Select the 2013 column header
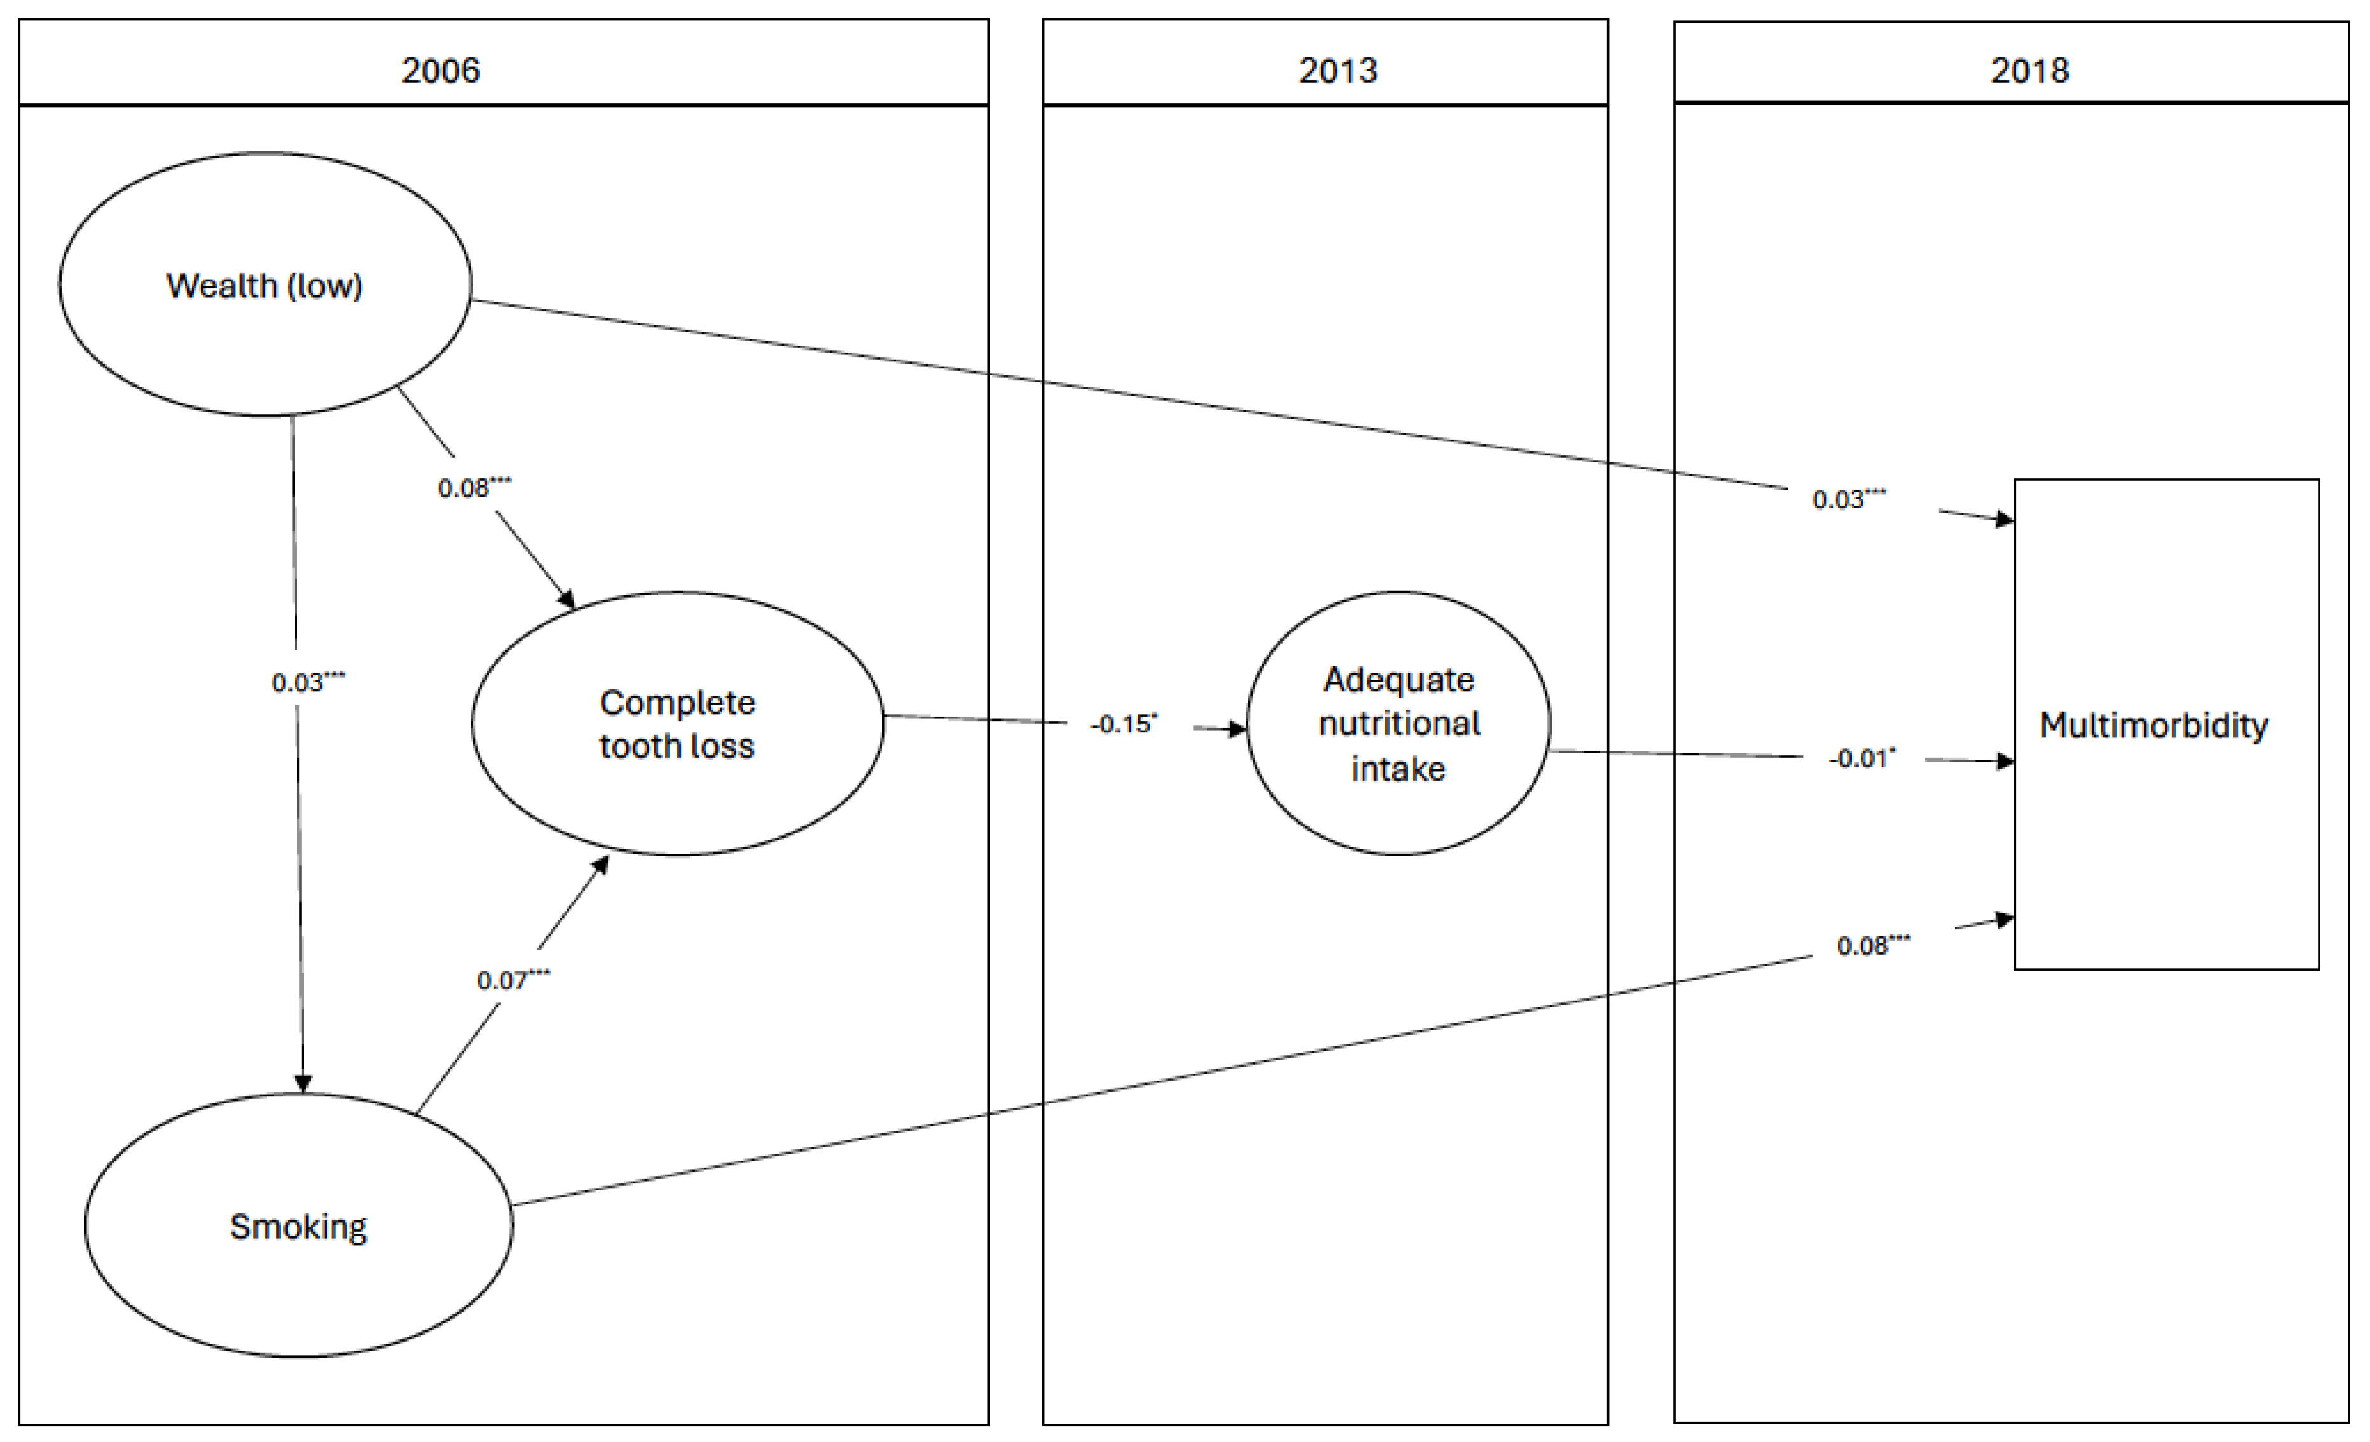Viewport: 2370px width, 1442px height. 1337,71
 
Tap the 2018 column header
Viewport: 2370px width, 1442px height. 2030,71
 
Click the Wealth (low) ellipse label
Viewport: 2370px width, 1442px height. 264,286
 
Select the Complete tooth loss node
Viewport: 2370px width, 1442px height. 677,724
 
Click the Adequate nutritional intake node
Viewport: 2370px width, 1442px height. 1399,724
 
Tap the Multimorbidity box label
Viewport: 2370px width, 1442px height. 2153,724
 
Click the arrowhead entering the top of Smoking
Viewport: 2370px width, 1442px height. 303,1083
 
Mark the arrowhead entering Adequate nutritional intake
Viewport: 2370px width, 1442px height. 1236,729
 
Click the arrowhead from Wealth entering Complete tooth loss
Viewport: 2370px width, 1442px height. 567,599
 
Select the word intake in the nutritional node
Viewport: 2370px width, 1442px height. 1399,769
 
